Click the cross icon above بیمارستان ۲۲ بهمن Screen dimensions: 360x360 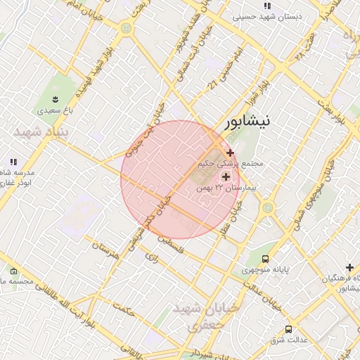(x=226, y=176)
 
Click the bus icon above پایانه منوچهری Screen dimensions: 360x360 (x=265, y=259)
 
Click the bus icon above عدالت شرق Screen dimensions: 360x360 (x=288, y=329)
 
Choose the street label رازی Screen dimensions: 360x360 (x=152, y=259)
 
